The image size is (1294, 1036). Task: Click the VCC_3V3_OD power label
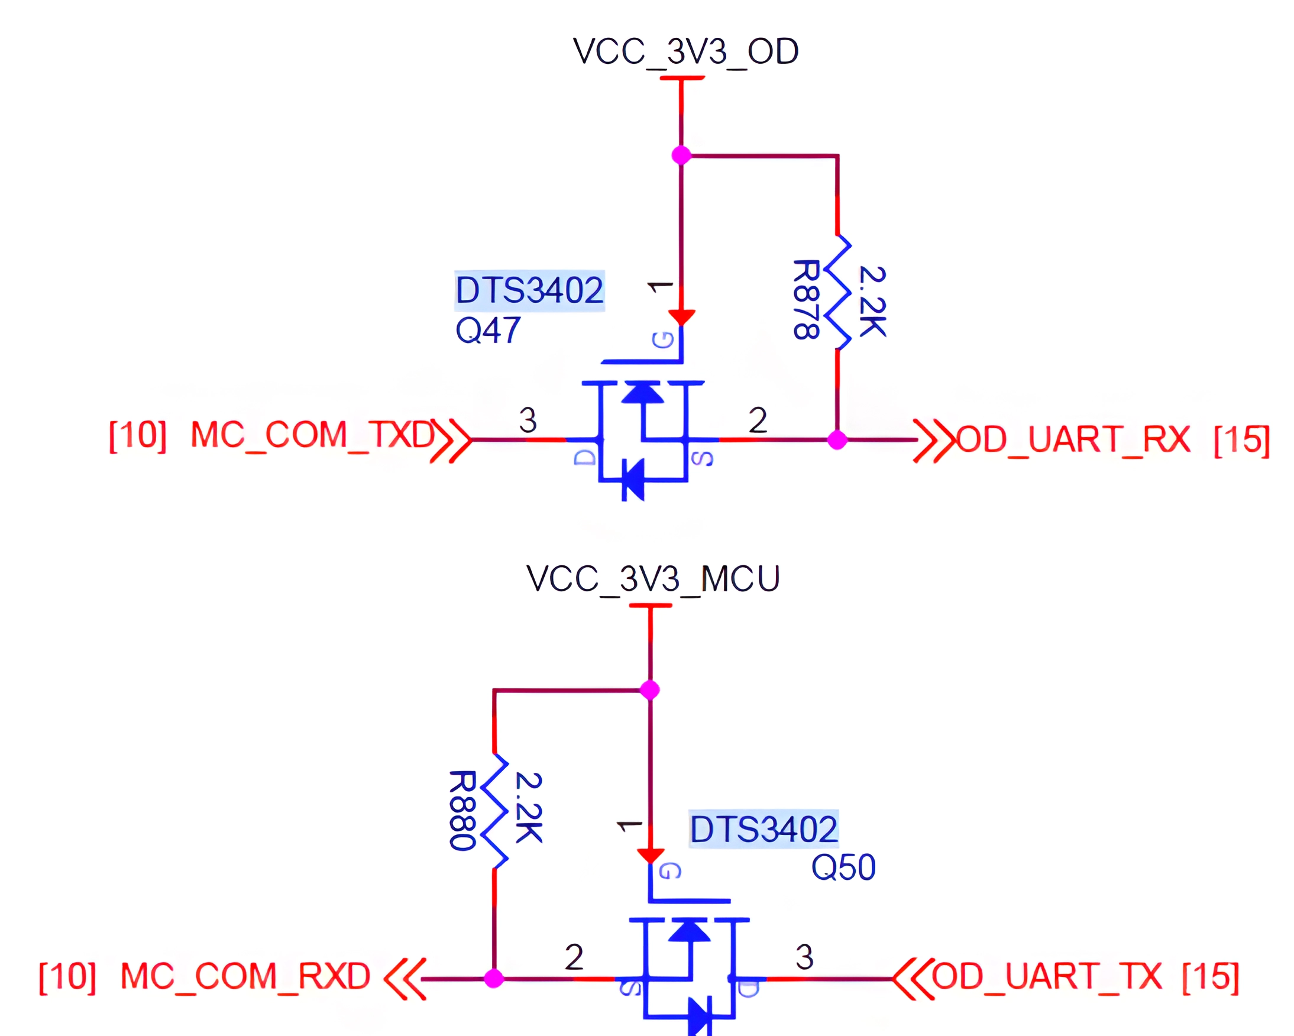click(x=685, y=51)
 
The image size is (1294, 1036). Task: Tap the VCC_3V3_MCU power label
click(x=652, y=579)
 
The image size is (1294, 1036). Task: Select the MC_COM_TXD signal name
click(x=312, y=435)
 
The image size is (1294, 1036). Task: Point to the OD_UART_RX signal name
click(x=1073, y=439)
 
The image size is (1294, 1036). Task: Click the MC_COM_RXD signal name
click(x=245, y=977)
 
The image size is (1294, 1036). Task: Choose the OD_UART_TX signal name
click(x=1046, y=977)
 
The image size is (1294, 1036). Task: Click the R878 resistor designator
click(x=805, y=300)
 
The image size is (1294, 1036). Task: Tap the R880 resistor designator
click(x=462, y=810)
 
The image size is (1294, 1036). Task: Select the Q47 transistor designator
click(x=487, y=331)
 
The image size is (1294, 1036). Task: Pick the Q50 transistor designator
click(x=843, y=868)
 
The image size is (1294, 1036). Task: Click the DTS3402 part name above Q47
click(x=529, y=290)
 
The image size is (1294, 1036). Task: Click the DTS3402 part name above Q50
click(x=763, y=830)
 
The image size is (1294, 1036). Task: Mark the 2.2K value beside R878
click(x=872, y=302)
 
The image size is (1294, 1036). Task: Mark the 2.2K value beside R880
click(x=529, y=808)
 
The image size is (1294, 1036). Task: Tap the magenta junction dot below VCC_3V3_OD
click(x=681, y=156)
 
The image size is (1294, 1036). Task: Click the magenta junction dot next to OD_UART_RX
click(x=837, y=440)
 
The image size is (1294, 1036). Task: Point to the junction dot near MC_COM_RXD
click(x=493, y=979)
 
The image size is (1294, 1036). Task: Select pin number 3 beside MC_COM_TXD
click(x=528, y=420)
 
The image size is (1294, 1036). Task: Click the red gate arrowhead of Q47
click(x=681, y=317)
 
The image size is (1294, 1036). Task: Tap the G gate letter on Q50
click(x=669, y=871)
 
